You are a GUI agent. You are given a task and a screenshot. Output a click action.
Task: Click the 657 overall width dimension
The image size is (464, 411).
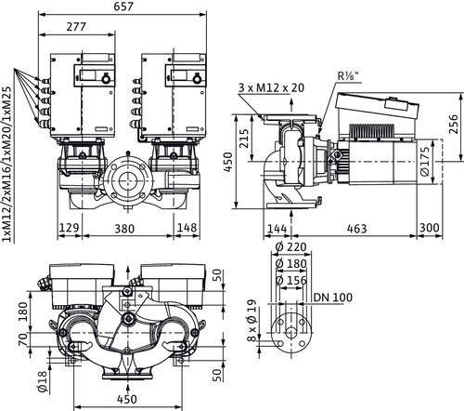123,7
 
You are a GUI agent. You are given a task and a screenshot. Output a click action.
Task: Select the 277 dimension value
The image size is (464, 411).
76,27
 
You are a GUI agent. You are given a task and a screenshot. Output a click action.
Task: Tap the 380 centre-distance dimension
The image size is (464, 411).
124,229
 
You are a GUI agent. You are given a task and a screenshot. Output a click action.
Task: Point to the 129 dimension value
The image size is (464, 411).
69,228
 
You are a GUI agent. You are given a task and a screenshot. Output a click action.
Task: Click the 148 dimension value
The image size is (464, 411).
187,228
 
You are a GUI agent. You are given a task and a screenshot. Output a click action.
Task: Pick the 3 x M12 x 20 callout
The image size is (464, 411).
271,88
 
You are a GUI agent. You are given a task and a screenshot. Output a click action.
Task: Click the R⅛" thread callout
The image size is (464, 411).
350,76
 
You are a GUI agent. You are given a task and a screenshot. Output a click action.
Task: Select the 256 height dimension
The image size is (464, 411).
454,124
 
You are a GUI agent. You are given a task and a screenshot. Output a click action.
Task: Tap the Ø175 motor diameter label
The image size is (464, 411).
425,162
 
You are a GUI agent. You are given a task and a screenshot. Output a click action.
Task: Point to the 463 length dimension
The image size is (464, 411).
356,229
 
